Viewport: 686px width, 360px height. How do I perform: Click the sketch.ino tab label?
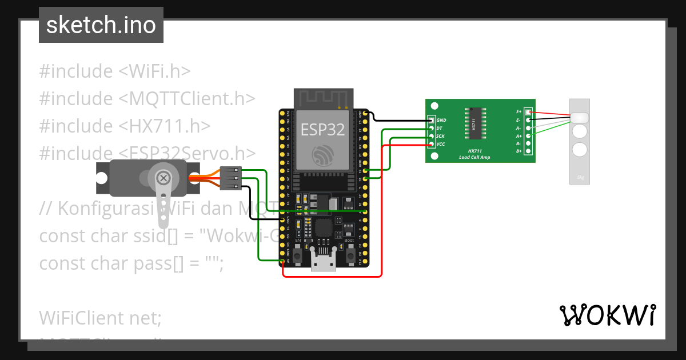[101, 25]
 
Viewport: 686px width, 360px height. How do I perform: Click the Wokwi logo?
[607, 315]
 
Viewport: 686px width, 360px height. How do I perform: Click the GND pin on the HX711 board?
[432, 120]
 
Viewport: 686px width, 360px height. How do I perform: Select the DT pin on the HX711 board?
[432, 128]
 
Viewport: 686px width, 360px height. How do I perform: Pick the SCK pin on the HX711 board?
[432, 136]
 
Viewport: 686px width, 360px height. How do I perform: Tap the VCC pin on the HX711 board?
[432, 144]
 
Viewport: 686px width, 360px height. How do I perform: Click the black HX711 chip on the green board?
[473, 123]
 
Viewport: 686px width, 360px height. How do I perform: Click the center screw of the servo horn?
[163, 178]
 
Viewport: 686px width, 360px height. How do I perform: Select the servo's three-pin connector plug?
[231, 178]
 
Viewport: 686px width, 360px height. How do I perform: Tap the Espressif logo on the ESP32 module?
[323, 155]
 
